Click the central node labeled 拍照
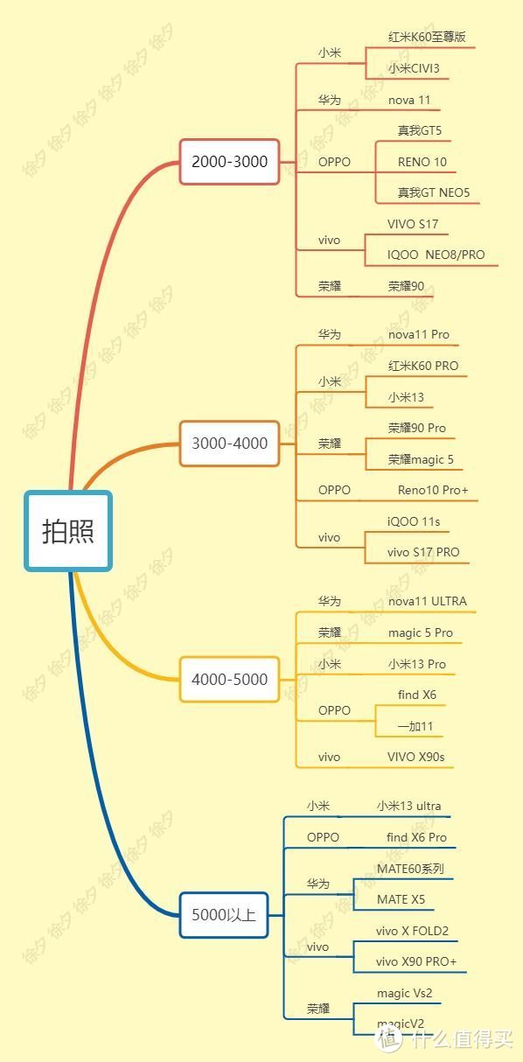coord(68,530)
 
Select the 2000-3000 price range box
coord(229,162)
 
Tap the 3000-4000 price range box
coord(229,444)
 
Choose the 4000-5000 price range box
coord(229,679)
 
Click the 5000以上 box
coord(224,914)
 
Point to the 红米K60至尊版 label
coord(427,37)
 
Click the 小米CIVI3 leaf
coord(414,68)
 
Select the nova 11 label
coord(409,100)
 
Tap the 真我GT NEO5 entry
coord(434,192)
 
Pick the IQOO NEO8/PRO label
coord(436,255)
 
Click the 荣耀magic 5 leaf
coord(421,459)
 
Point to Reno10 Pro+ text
coord(433,490)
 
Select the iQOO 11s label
coord(414,521)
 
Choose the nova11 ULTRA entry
coord(427,601)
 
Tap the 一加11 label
coord(415,726)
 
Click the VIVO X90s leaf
coord(415,757)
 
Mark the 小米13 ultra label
coord(408,806)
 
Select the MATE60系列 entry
coord(411,869)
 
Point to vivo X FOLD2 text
coord(412,931)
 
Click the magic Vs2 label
coord(404,993)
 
